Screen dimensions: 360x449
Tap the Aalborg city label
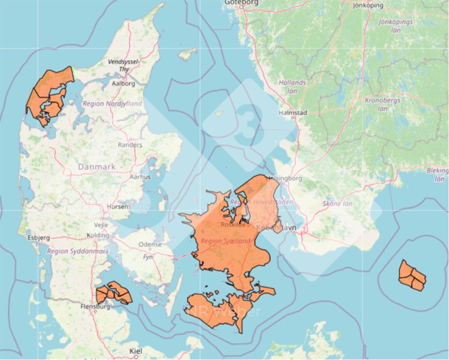pos(123,84)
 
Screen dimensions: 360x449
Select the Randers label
pos(130,145)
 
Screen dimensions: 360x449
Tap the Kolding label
pos(98,236)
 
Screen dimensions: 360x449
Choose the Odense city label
pos(151,244)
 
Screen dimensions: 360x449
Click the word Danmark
pos(96,166)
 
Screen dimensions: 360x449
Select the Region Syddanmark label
pos(78,251)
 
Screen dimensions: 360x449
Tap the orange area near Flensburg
pos(114,293)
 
